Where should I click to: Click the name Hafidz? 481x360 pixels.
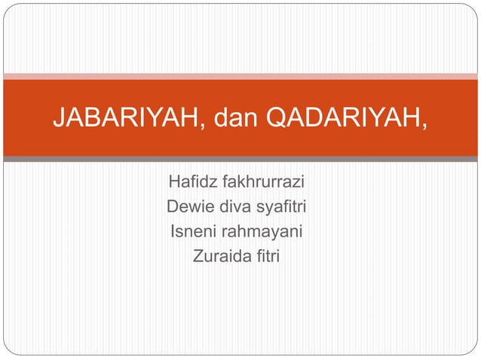click(x=191, y=182)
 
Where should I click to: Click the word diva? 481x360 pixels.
click(x=229, y=207)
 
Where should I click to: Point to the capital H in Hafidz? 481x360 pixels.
click(x=174, y=182)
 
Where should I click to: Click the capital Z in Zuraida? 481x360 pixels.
click(x=198, y=257)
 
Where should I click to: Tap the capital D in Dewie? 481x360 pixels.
click(x=172, y=207)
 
